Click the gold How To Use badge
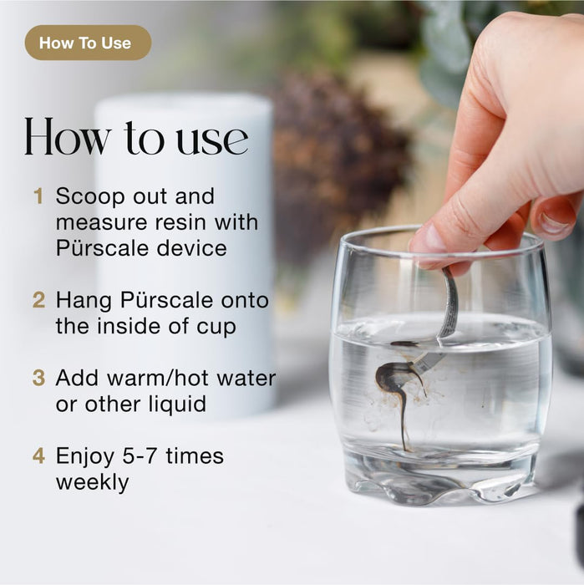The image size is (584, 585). pos(88,43)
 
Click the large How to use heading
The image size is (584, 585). pos(136,137)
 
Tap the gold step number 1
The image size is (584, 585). pos(38,196)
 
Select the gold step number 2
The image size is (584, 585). pos(38,300)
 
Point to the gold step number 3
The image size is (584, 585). pos(38,378)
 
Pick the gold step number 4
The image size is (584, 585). pos(38,455)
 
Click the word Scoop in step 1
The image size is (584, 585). pos(90,196)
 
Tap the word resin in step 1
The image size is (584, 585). pos(180,222)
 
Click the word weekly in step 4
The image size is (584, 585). pos(93,483)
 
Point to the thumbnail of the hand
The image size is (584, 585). pos(553,220)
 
